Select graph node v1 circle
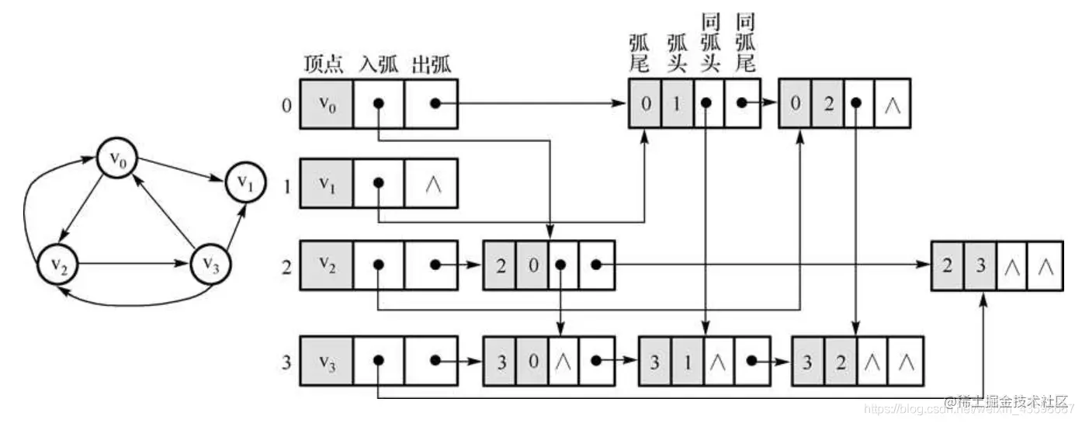(245, 183)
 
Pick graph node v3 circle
(210, 262)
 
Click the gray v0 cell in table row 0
(325, 103)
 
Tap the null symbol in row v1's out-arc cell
(432, 184)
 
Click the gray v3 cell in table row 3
(325, 361)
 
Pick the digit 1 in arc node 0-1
(676, 103)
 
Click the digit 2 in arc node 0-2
(828, 103)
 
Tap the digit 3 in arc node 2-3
(980, 265)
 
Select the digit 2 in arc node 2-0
(500, 265)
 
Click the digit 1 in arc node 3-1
(688, 361)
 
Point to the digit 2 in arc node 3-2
(841, 361)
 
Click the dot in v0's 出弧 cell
(436, 103)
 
